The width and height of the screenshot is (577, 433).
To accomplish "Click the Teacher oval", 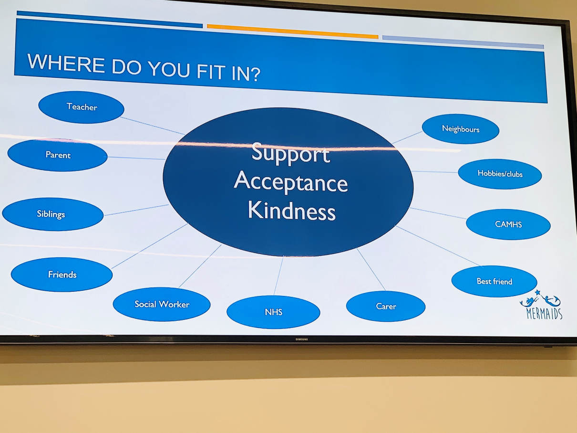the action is [x=81, y=107].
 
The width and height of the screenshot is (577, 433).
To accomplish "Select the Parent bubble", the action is [x=58, y=155].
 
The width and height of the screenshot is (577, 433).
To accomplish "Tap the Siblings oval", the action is [x=53, y=214].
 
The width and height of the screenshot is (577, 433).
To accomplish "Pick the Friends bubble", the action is [x=62, y=275].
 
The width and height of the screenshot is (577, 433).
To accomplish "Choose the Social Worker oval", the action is [x=162, y=304].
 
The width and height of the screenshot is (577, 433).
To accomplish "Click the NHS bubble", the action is [x=273, y=312].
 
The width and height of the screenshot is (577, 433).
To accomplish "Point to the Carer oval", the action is [x=386, y=306].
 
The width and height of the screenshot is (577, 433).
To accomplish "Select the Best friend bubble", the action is [x=494, y=281].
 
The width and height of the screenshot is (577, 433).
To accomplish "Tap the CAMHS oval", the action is [x=508, y=224].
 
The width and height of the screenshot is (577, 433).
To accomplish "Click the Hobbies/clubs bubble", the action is [x=500, y=174].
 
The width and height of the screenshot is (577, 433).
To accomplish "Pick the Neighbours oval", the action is [x=461, y=129].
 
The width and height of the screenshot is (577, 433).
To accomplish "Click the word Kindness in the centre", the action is [x=292, y=211].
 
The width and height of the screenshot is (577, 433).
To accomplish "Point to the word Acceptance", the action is [x=291, y=182].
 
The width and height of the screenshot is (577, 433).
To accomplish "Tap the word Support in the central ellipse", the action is [x=291, y=153].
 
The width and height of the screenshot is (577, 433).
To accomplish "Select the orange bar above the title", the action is [x=293, y=32].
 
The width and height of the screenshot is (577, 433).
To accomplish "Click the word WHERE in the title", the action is [x=66, y=63].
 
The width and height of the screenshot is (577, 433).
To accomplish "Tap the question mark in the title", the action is [x=254, y=74].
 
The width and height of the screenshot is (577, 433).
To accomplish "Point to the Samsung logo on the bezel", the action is [x=301, y=339].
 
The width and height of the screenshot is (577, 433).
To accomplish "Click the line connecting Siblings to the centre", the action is [x=136, y=210].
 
